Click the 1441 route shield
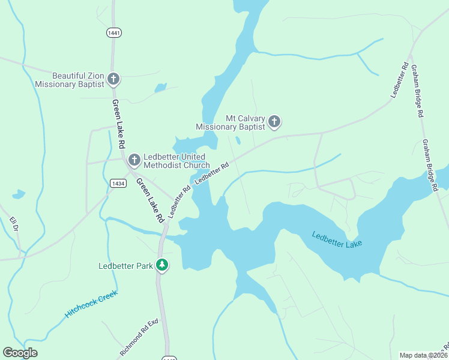pos(112,32)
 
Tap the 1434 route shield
pos(118,183)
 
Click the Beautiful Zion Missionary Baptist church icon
pos(113,79)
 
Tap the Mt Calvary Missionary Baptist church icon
pos(274,122)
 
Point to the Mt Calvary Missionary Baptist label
pos(231,123)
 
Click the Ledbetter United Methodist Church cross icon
pos(134,160)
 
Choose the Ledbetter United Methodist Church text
pos(176,161)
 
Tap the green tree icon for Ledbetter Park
pos(161,265)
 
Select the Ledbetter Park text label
pos(126,266)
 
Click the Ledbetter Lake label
pos(337,238)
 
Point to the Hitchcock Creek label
pos(91,304)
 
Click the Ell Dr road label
pos(14,224)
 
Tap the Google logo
pos(20,353)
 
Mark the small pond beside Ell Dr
pos(19,194)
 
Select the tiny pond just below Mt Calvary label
pos(238,141)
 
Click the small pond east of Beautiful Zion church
pos(160,88)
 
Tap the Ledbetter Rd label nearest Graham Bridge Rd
pos(399,80)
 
